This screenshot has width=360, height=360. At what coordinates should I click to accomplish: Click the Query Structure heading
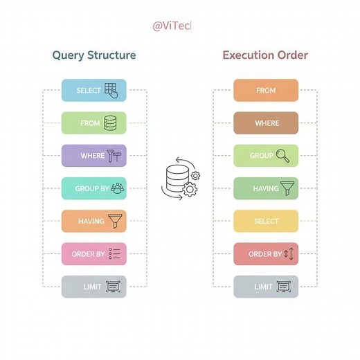(x=94, y=55)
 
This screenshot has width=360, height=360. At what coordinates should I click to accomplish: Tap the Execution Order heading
(x=265, y=55)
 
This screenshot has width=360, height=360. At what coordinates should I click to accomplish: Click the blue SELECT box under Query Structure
(x=94, y=91)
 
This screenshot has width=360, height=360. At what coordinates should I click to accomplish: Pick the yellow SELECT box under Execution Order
(x=266, y=222)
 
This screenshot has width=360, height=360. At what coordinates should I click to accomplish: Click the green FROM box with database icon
(x=94, y=123)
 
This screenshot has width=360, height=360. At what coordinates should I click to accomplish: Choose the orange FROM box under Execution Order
(x=266, y=91)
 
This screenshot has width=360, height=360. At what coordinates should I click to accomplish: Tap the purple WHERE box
(x=94, y=156)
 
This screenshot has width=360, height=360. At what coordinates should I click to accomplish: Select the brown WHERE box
(x=266, y=123)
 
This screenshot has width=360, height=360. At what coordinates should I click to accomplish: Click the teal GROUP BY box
(x=94, y=188)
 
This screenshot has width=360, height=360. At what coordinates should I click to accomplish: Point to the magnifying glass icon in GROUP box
(x=283, y=156)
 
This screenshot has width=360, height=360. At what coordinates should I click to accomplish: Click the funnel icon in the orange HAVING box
(x=116, y=222)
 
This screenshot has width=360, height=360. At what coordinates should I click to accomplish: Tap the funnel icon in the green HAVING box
(x=287, y=188)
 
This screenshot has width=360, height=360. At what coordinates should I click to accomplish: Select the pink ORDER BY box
(x=94, y=254)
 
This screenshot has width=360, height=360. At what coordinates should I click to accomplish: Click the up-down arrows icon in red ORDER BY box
(x=289, y=254)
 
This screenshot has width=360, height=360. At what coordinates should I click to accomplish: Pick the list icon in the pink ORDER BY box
(x=115, y=254)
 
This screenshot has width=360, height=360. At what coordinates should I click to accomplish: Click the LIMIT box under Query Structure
(x=94, y=287)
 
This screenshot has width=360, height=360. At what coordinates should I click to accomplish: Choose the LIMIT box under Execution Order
(x=266, y=287)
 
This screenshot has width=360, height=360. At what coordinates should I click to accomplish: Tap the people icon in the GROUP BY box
(x=117, y=188)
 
